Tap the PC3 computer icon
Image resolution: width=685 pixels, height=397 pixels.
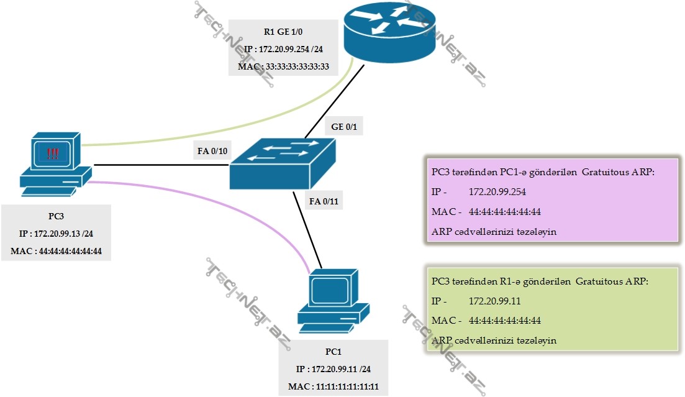tap(55, 160)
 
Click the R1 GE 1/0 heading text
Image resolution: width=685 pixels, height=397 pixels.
tap(283, 30)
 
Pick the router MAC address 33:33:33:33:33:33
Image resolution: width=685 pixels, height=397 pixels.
tap(283, 65)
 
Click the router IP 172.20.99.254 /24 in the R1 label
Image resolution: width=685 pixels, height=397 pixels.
tap(283, 48)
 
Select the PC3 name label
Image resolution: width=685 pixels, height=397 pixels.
tap(57, 217)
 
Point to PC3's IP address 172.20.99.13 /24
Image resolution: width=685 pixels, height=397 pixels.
tap(57, 234)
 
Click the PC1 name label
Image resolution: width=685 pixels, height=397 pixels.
tap(333, 352)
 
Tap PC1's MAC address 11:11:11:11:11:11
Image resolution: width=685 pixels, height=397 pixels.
tap(333, 386)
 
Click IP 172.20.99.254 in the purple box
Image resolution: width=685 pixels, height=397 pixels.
tap(504, 192)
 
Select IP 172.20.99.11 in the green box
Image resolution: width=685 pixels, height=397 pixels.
tap(499, 301)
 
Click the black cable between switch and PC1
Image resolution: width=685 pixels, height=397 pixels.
tap(308, 230)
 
